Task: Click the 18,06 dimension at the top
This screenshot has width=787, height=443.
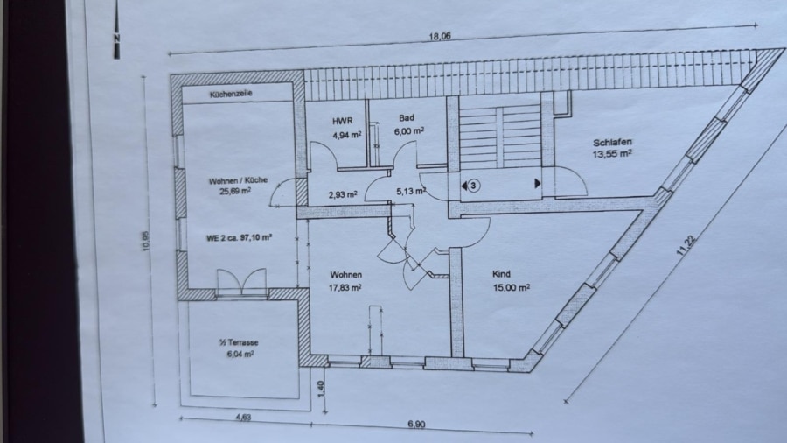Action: point(440,36)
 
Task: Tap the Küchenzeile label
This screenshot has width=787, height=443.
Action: point(231,94)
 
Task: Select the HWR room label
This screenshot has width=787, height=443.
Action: point(342,121)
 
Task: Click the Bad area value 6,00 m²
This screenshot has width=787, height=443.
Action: point(409,130)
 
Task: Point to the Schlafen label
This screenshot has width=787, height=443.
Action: point(612,143)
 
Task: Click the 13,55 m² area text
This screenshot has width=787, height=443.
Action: point(612,154)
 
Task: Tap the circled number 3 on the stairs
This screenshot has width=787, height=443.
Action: point(472,186)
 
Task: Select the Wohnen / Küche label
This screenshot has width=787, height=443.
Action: point(238,180)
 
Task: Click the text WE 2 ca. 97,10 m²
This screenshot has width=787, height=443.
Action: point(239,237)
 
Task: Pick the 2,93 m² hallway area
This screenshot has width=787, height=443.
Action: point(343,194)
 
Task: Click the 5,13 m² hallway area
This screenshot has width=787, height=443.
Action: point(411,192)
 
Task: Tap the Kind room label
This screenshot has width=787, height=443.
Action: point(501,274)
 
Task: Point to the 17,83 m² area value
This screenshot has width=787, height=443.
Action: point(345,287)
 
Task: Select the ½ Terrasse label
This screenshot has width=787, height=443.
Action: point(239,342)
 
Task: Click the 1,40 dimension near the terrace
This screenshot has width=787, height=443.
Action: point(322,388)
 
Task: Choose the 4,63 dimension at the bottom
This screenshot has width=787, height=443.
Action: point(242,418)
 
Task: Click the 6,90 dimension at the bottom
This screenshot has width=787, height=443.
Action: point(416,425)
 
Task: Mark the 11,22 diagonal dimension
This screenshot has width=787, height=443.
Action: point(686,246)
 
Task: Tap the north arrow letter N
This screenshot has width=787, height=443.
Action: point(116,39)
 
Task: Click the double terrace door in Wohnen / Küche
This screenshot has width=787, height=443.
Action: point(241,282)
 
